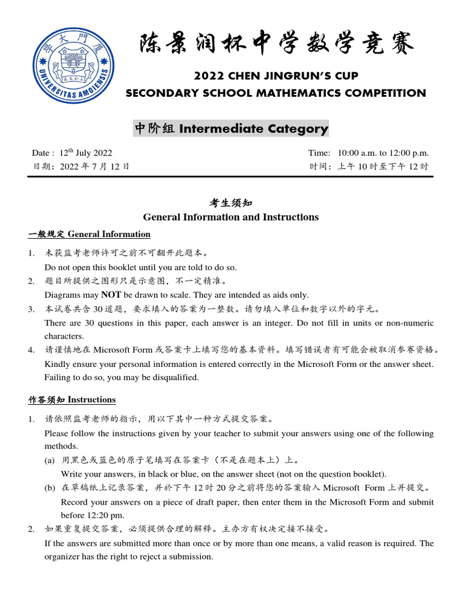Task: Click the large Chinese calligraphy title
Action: pos(277,45)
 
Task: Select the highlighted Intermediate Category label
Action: pos(231,128)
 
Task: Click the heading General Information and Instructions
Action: pos(231,217)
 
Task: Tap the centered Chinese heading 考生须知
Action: pos(231,204)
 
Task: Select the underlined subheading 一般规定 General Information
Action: pos(89,234)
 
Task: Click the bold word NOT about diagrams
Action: pos(111,295)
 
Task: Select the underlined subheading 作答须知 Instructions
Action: pos(72,399)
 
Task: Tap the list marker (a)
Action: pos(49,460)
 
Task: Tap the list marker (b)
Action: pos(49,488)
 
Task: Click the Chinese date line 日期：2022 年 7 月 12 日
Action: pos(81,167)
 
